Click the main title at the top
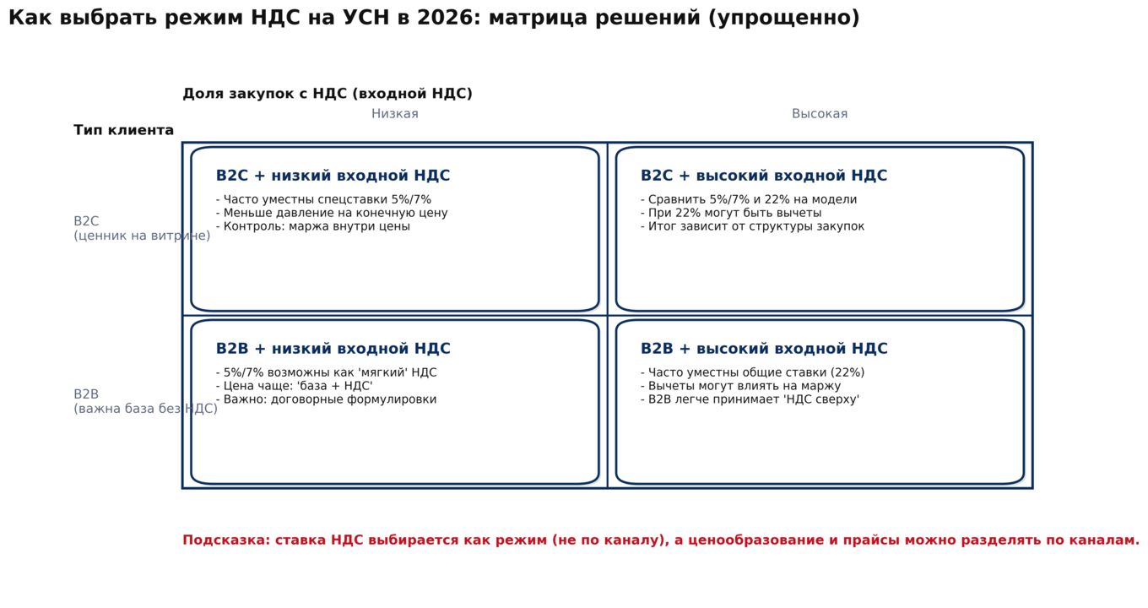click(434, 19)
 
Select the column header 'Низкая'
click(394, 114)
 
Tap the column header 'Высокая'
click(819, 114)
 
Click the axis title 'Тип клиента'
click(123, 130)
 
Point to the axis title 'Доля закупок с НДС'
click(327, 94)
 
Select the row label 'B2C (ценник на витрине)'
click(141, 229)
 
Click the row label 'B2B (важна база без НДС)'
click(144, 402)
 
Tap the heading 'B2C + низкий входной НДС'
click(333, 176)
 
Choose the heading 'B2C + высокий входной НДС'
click(763, 176)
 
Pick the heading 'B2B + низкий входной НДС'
click(333, 349)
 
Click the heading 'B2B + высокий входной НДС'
click(763, 349)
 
